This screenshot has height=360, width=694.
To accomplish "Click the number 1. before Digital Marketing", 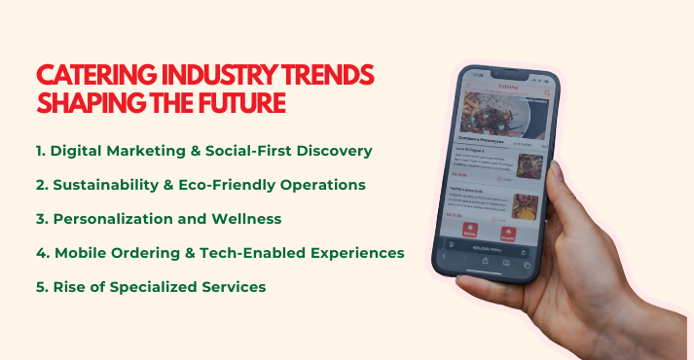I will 40,151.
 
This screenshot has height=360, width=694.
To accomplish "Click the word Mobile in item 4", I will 80,253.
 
